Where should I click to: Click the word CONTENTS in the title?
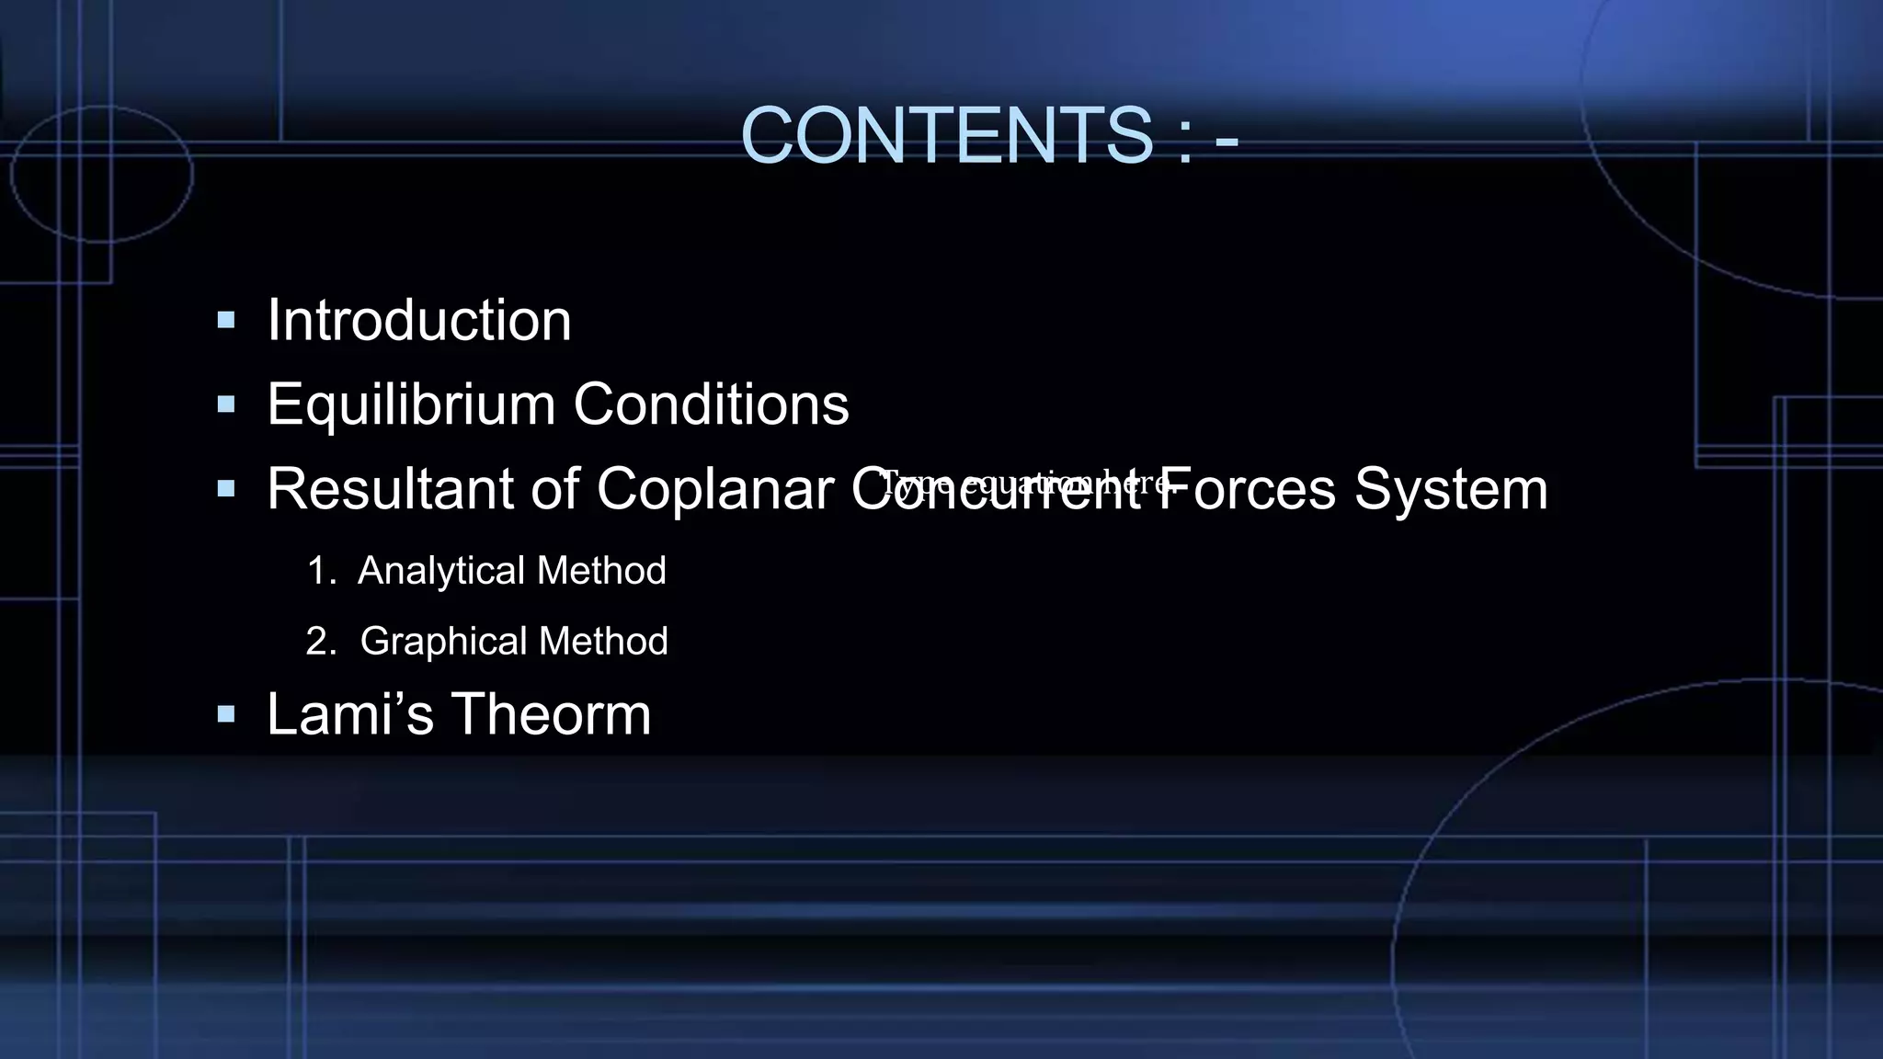point(946,136)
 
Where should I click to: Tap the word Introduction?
point(419,321)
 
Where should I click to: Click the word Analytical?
point(441,571)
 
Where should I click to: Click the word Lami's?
point(349,714)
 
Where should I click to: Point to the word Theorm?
point(551,714)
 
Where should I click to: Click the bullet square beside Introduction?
point(226,321)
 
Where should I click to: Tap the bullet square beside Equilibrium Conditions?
point(226,404)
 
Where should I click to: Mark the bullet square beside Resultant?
point(226,488)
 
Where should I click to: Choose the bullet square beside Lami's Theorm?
point(226,714)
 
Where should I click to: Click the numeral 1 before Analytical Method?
point(317,571)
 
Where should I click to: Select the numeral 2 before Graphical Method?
point(318,641)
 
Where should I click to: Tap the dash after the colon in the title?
point(1227,140)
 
